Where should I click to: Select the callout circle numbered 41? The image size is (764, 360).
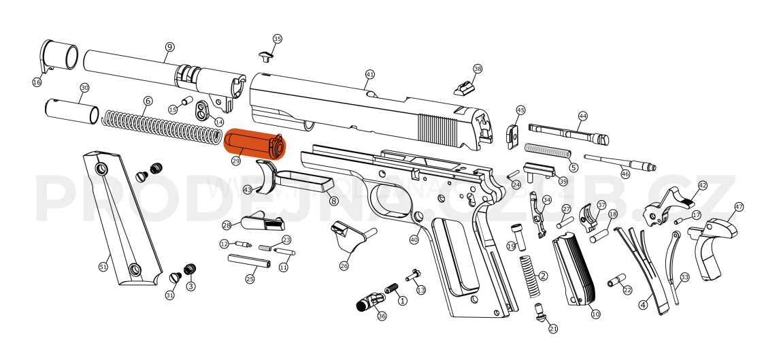pyautogui.click(x=370, y=74)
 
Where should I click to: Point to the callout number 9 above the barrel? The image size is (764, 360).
pyautogui.click(x=169, y=47)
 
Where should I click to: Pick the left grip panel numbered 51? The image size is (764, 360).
pyautogui.click(x=120, y=221)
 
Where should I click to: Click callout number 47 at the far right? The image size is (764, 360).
pyautogui.click(x=739, y=207)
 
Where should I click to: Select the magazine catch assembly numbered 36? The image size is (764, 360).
pyautogui.click(x=369, y=301)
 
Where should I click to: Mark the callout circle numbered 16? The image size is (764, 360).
pyautogui.click(x=37, y=82)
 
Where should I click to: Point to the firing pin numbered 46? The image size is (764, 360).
pyautogui.click(x=619, y=162)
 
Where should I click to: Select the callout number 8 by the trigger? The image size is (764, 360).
pyautogui.click(x=333, y=201)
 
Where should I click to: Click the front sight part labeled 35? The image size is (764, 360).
pyautogui.click(x=267, y=54)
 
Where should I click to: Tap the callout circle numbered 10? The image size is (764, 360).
pyautogui.click(x=595, y=314)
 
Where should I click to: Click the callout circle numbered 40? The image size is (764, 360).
pyautogui.click(x=414, y=240)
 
